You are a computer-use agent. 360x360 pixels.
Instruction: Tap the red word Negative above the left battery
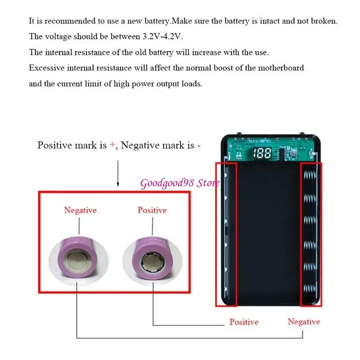pos(80,210)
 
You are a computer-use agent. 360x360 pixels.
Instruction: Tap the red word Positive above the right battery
pos(152,210)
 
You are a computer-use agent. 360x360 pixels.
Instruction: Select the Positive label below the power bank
pos(244,322)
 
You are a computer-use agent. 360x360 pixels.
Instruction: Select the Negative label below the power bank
pos(304,322)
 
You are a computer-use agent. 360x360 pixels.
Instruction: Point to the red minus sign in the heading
pos(198,145)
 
